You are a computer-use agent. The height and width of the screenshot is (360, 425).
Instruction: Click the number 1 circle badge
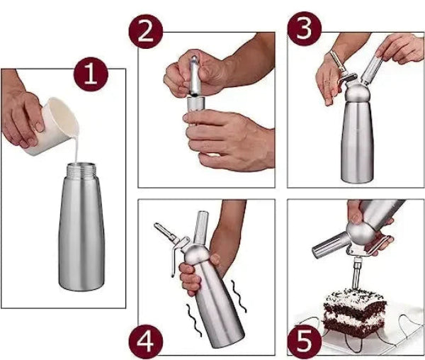[91, 74]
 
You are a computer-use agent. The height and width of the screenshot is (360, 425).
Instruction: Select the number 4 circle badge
[146, 341]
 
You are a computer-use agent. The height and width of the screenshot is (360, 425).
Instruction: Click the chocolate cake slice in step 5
[354, 313]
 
